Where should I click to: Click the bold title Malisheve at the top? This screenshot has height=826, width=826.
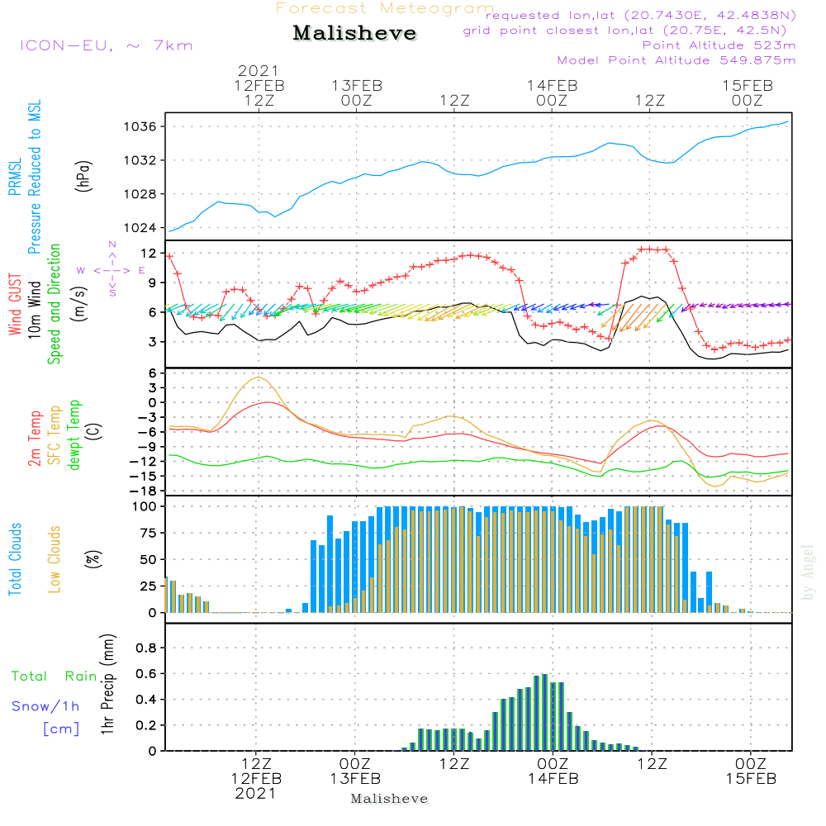click(354, 34)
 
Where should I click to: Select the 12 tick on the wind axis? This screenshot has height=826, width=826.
click(150, 253)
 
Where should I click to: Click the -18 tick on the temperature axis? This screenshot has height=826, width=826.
click(145, 491)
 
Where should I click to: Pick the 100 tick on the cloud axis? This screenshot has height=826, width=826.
click(145, 506)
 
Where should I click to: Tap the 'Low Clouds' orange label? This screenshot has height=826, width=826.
click(55, 558)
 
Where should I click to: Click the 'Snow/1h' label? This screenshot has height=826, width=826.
click(45, 706)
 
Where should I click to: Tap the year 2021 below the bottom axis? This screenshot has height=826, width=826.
click(256, 793)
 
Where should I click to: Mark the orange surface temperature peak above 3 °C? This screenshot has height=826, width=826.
click(259, 377)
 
